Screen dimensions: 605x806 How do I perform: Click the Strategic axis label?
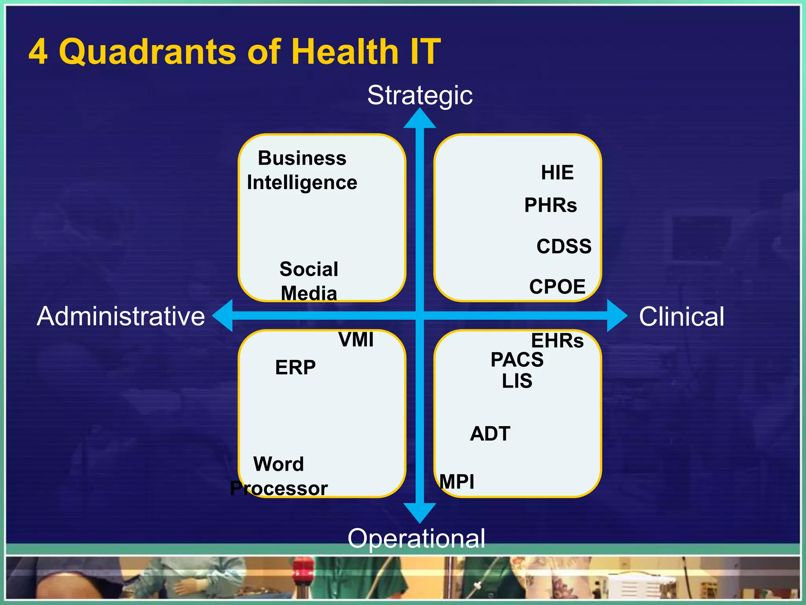tap(420, 95)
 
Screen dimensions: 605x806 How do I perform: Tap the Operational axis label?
tap(416, 538)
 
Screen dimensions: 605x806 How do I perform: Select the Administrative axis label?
tap(121, 316)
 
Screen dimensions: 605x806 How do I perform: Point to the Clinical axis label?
tap(681, 316)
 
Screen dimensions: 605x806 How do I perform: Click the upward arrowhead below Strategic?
tap(420, 119)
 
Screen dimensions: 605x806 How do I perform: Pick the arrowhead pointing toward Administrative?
tap(223, 315)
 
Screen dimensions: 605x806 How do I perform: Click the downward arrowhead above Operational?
tap(420, 512)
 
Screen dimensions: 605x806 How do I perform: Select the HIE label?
tap(557, 173)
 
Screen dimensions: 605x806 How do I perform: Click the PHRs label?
tap(550, 205)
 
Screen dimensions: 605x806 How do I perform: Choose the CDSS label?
tap(564, 246)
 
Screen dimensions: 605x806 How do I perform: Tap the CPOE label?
tap(557, 287)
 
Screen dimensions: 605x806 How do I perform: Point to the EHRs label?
tap(557, 341)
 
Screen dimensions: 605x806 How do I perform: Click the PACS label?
tap(517, 360)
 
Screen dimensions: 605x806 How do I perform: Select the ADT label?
tap(490, 434)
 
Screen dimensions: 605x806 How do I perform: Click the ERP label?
tap(295, 367)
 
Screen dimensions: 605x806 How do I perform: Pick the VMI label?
tap(356, 340)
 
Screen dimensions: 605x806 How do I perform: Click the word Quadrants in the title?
tap(148, 52)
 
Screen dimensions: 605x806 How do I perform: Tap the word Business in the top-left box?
tap(302, 158)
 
